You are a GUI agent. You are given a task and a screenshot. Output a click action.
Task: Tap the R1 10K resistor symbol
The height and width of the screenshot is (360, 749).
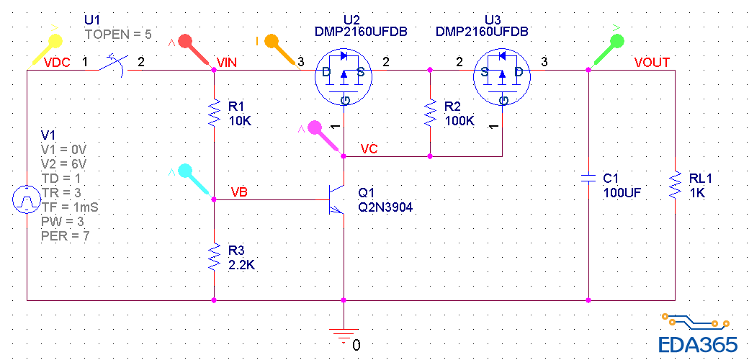click(214, 112)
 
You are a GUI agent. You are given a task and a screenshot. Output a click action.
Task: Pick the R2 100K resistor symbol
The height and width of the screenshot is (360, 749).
click(430, 112)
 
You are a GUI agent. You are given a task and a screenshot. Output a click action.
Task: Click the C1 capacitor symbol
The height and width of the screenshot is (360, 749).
click(588, 177)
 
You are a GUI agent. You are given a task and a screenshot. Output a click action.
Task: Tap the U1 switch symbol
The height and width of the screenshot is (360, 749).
click(112, 66)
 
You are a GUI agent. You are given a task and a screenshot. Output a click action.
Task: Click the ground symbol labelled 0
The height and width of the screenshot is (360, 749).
click(344, 333)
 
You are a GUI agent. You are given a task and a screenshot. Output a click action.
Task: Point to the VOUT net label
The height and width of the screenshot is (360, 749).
click(652, 63)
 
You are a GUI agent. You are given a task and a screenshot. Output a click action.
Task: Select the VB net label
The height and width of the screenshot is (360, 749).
click(240, 192)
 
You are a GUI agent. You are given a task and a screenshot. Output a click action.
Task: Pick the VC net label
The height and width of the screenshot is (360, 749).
click(369, 149)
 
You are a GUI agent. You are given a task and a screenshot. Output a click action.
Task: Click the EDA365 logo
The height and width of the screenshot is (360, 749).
click(697, 334)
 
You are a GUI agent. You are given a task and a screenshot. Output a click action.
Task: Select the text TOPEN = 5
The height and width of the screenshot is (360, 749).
click(117, 34)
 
